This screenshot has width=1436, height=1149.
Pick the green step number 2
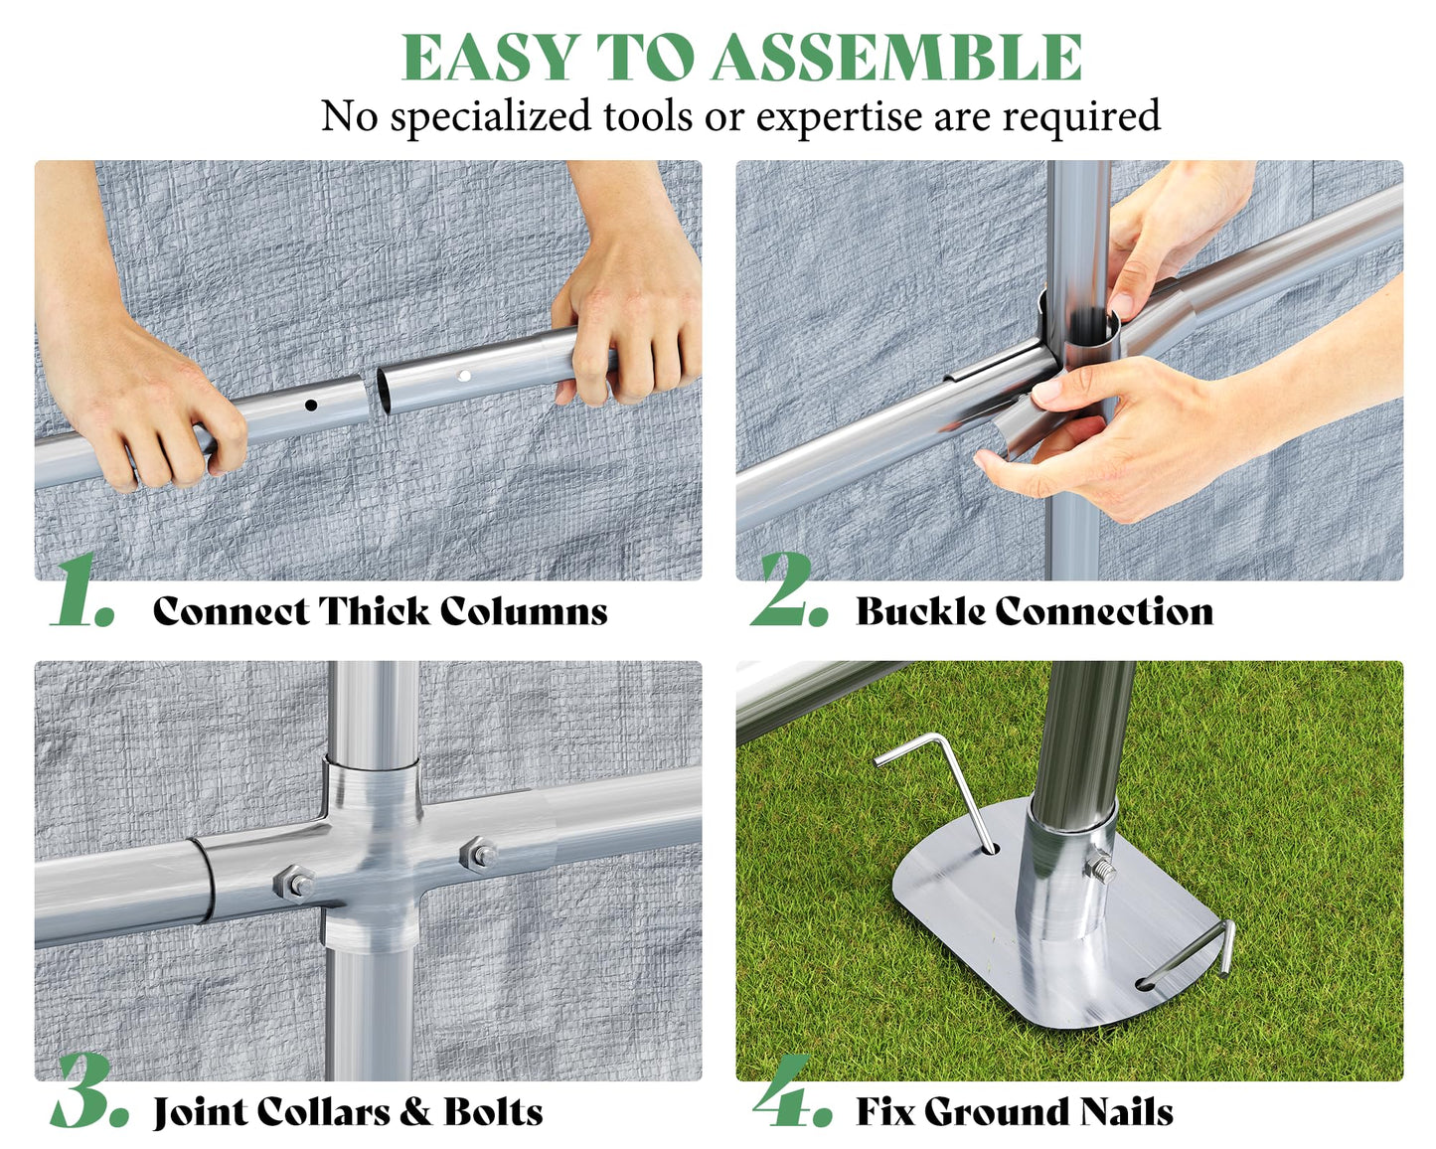pyautogui.click(x=787, y=590)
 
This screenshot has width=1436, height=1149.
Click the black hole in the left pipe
pyautogui.click(x=311, y=405)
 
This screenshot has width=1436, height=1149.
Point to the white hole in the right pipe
pyautogui.click(x=464, y=376)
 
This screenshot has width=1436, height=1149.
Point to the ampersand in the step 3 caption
pyautogui.click(x=415, y=1111)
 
